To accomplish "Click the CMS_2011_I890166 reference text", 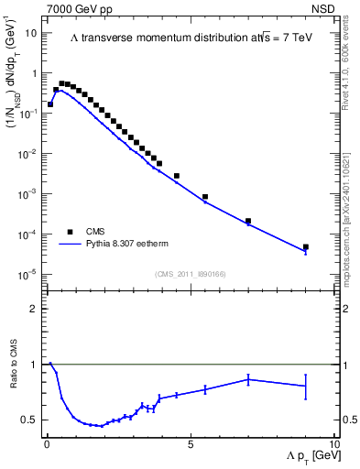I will (x=190, y=274).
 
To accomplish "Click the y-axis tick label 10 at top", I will (x=31, y=33).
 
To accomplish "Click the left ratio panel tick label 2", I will (x=34, y=309).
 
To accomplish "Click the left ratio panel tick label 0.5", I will (x=29, y=420).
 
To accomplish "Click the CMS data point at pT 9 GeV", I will (x=306, y=247).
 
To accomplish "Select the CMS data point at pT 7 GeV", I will (x=248, y=221).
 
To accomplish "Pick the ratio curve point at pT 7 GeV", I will (x=248, y=379).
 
